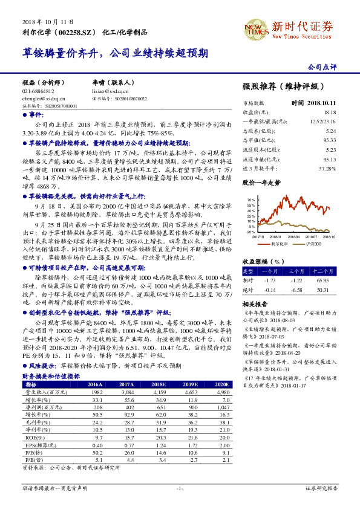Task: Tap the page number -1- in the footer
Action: (x=179, y=488)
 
